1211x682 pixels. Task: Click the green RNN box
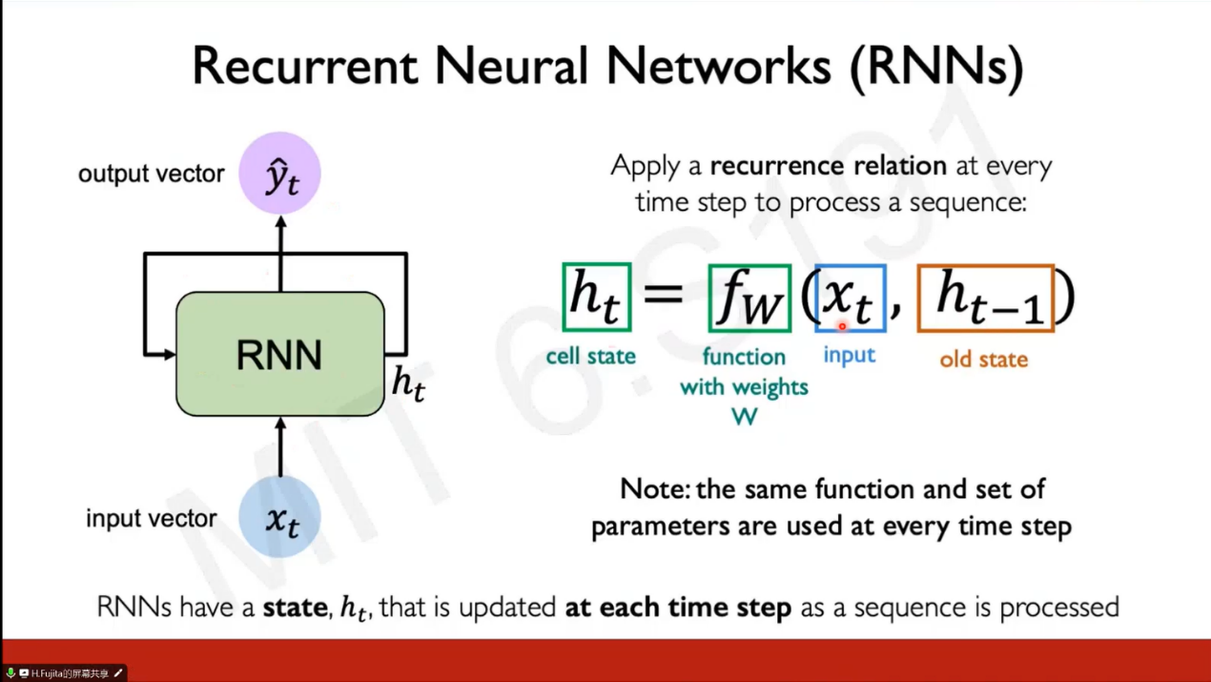(x=279, y=354)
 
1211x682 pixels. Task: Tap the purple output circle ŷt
(x=280, y=174)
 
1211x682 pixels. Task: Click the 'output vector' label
(x=151, y=174)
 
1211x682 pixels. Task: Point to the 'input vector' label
(x=151, y=519)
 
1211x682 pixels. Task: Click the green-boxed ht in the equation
(x=596, y=298)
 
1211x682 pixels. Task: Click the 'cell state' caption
(x=590, y=357)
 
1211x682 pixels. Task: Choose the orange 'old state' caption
(x=983, y=360)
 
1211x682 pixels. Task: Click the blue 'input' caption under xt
(x=849, y=355)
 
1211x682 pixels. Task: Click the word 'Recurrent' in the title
(x=305, y=67)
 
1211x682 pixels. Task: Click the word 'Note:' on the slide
(x=655, y=489)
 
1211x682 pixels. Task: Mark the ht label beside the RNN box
(x=408, y=383)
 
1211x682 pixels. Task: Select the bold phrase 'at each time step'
(x=678, y=607)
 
